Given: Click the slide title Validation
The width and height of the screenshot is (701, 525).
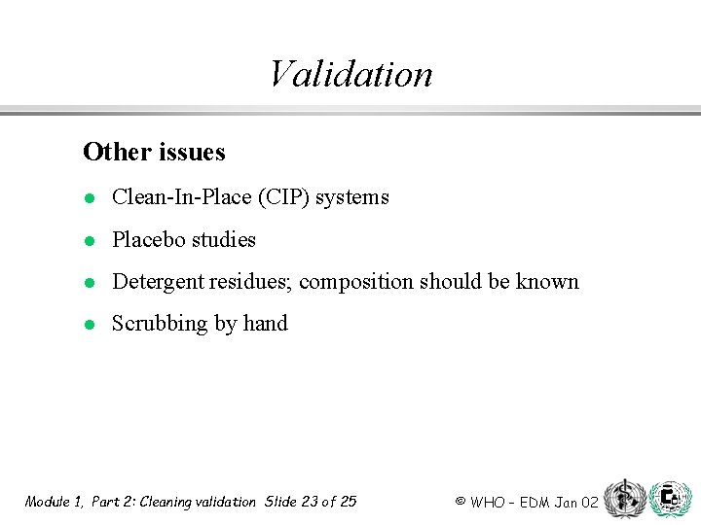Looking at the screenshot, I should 350,74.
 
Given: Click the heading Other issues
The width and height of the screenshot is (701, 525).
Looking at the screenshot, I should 154,152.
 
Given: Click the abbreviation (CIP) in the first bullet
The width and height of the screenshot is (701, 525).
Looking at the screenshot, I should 280,197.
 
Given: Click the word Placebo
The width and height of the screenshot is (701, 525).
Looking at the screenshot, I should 147,239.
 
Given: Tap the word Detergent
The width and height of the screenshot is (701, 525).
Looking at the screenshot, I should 155,282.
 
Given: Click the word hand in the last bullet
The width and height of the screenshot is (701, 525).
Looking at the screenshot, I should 265,324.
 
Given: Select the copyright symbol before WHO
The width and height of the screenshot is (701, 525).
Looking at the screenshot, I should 460,502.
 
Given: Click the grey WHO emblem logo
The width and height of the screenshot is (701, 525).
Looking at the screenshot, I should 624,499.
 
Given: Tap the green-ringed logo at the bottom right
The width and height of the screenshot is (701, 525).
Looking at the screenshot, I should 670,499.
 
